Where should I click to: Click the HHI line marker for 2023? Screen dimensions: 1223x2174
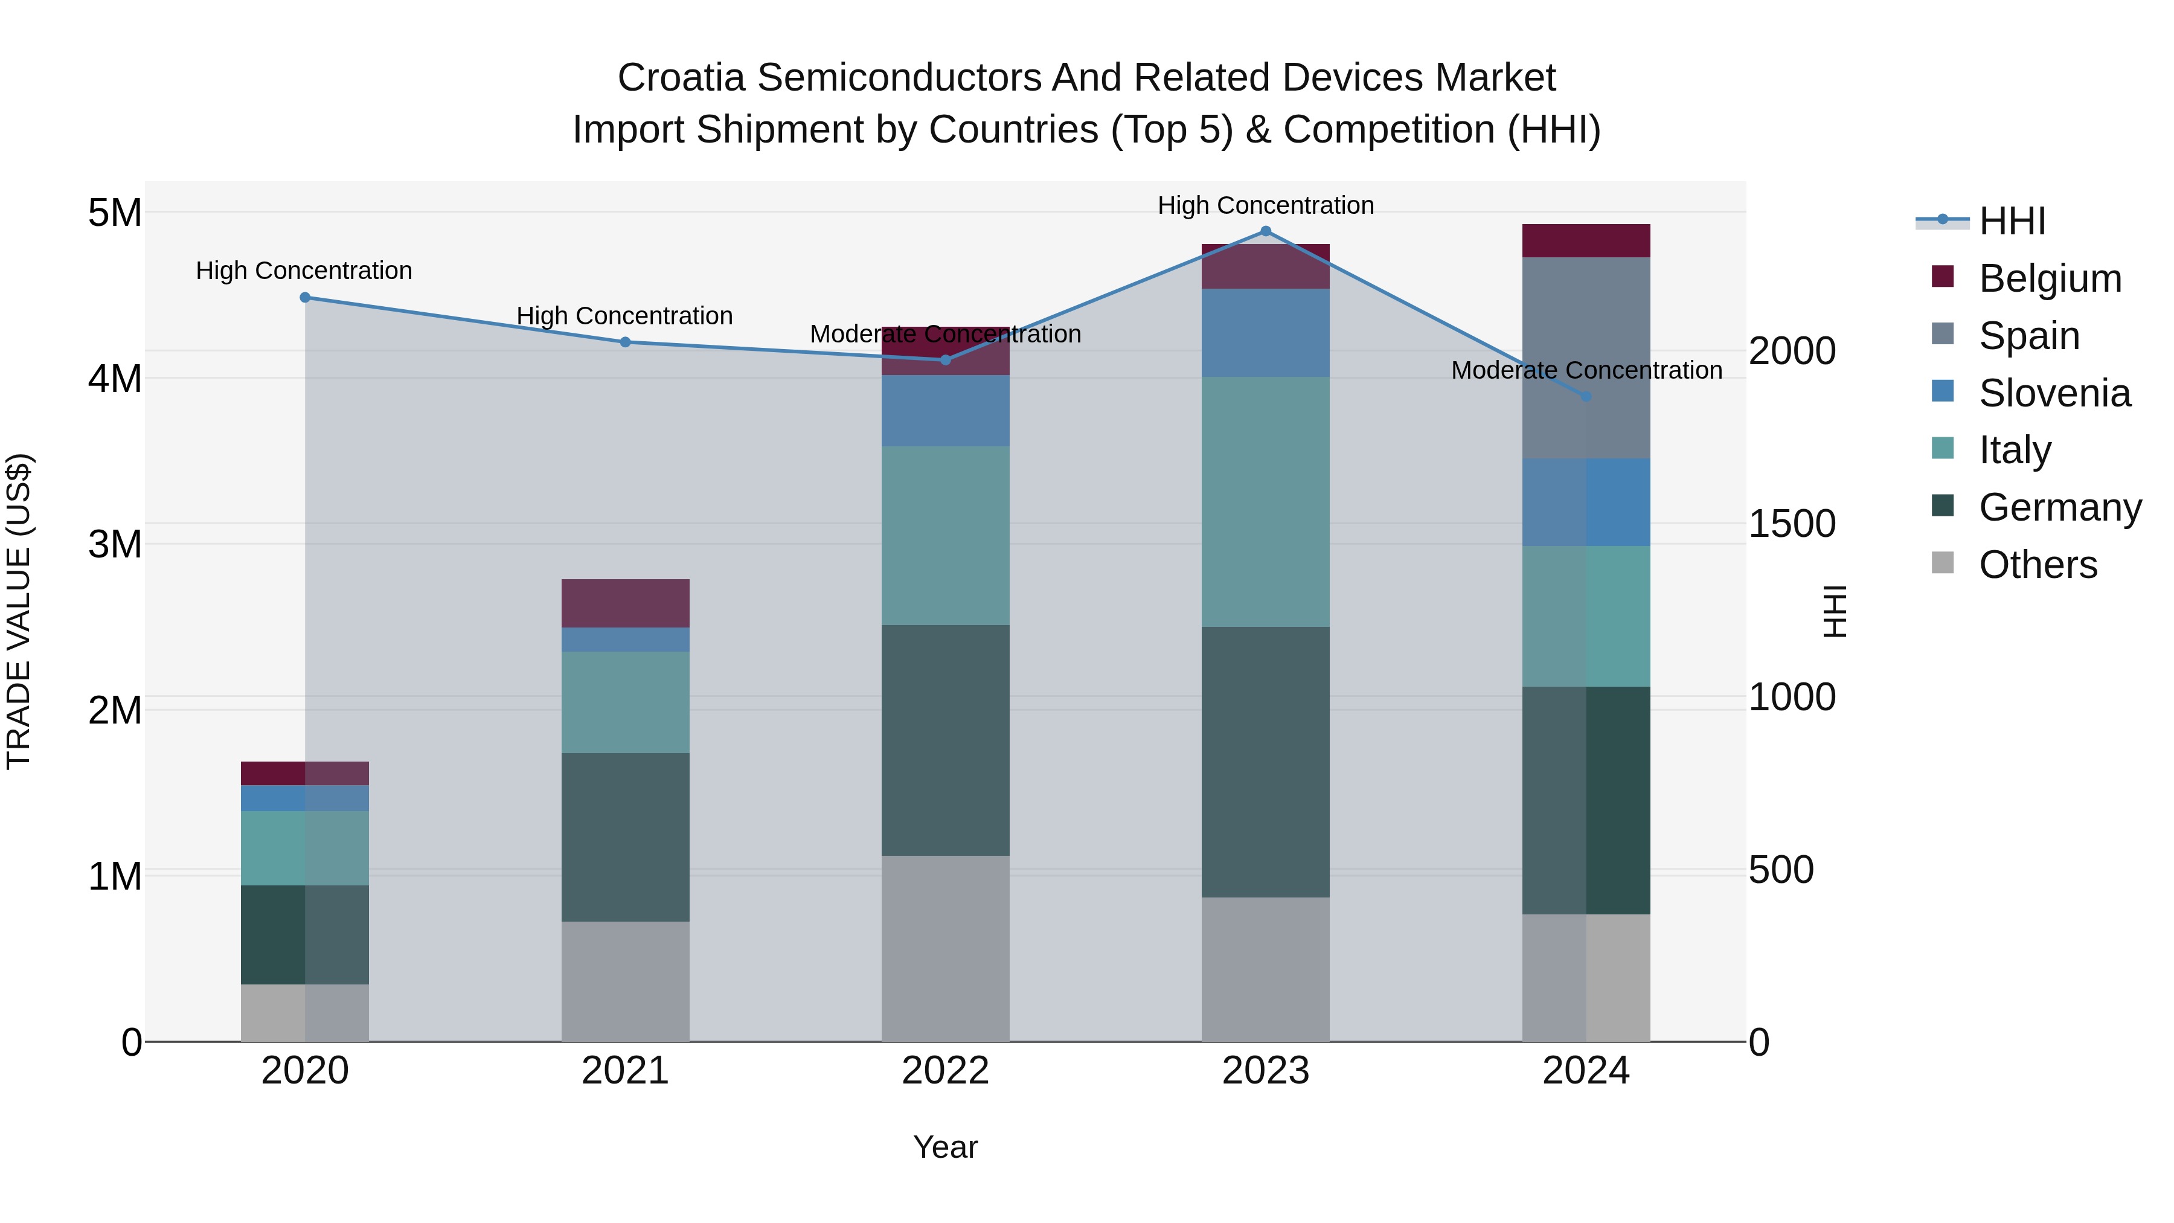coord(1265,231)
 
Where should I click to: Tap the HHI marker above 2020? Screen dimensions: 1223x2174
coord(306,297)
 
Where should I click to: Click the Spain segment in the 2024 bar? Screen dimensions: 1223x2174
coord(1586,358)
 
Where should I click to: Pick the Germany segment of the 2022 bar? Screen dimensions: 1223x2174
coord(945,740)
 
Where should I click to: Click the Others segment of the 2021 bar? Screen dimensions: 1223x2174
coord(626,981)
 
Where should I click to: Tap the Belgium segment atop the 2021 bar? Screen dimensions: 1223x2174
coord(626,603)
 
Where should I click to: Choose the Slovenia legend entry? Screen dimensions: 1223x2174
coord(2054,393)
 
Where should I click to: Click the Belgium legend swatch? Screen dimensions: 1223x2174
coord(1943,277)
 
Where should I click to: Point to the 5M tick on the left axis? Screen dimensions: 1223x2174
coord(115,213)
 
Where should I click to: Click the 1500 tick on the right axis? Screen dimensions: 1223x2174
coord(1791,524)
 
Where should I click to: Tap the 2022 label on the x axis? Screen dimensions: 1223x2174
coord(945,1071)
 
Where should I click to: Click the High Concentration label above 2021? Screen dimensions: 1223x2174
coord(624,316)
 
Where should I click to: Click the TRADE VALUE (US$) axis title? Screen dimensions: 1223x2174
coord(19,611)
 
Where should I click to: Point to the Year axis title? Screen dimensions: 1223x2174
coord(945,1147)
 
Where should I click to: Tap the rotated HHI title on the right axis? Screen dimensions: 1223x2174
coord(1835,611)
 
